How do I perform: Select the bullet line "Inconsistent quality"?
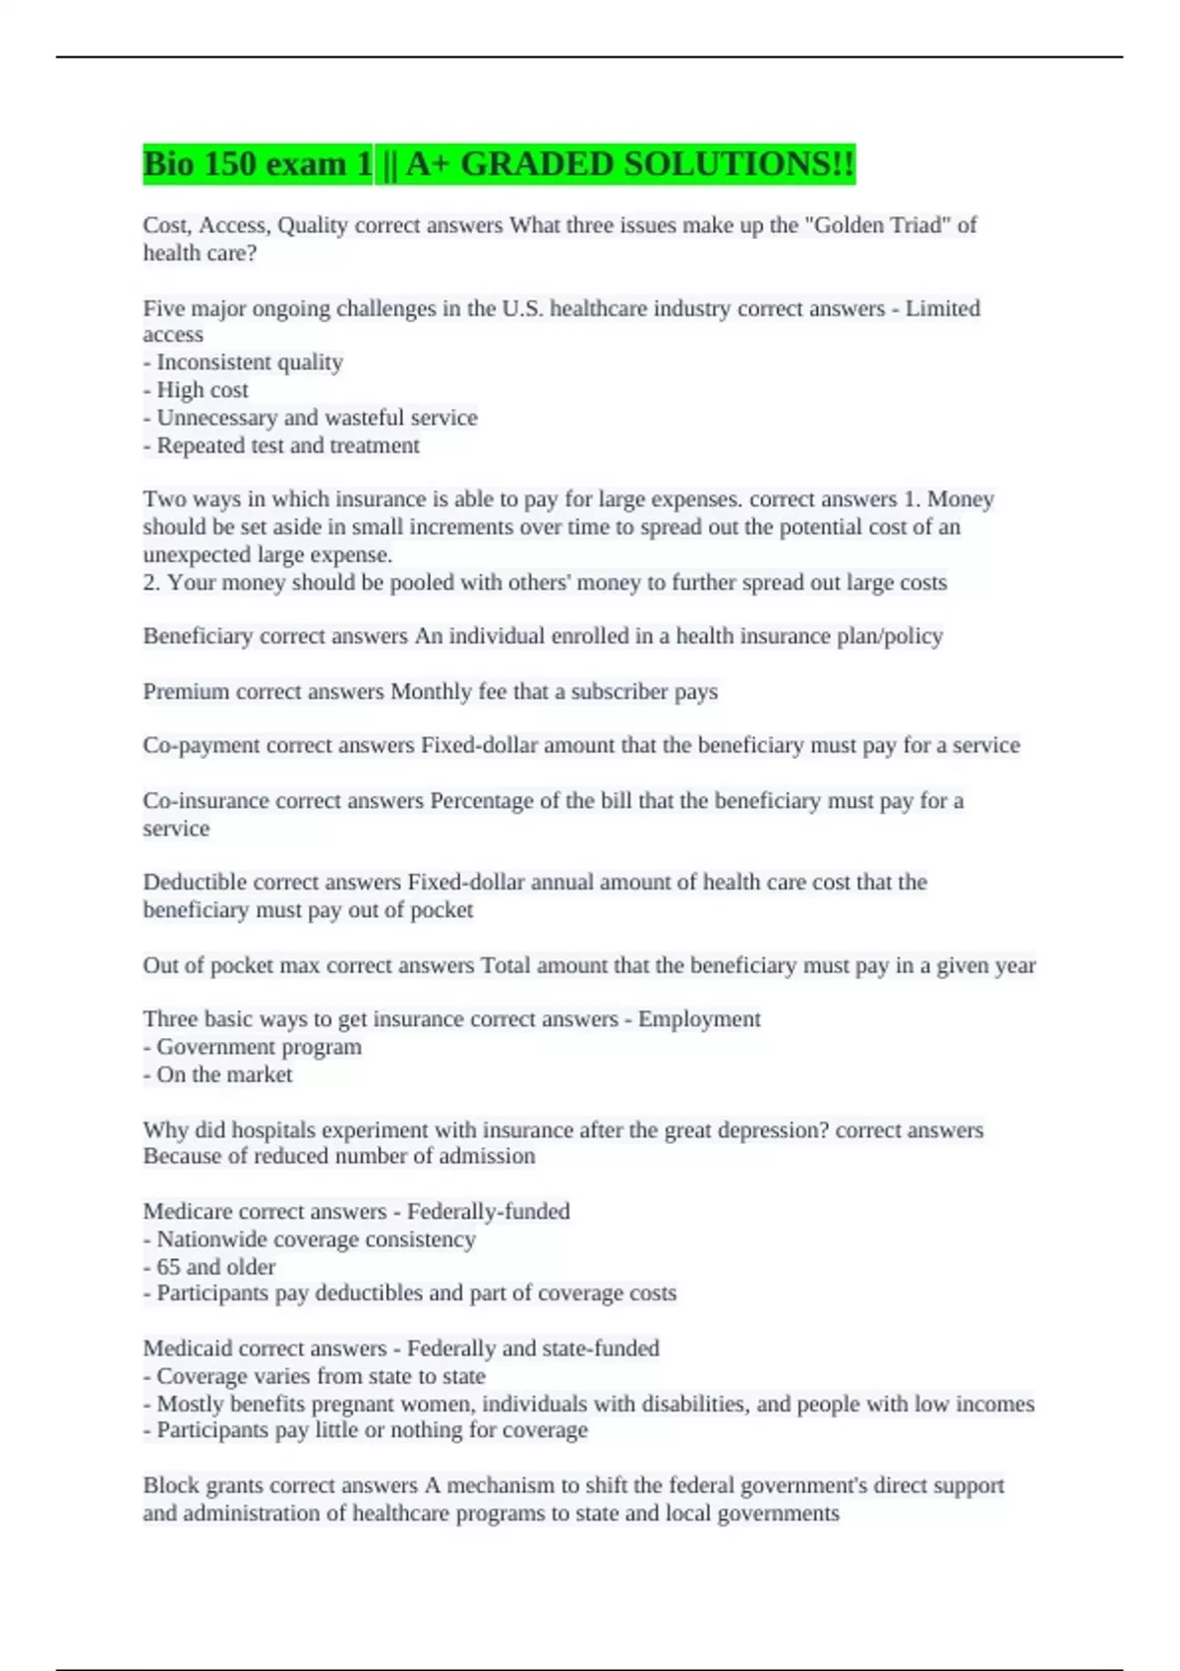pyautogui.click(x=249, y=363)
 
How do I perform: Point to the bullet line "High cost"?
pyautogui.click(x=202, y=390)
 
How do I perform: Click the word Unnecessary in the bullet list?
pyautogui.click(x=217, y=418)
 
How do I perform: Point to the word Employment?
pyautogui.click(x=699, y=1019)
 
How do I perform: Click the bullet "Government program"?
pyautogui.click(x=259, y=1047)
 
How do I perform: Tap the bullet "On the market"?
pyautogui.click(x=224, y=1074)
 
